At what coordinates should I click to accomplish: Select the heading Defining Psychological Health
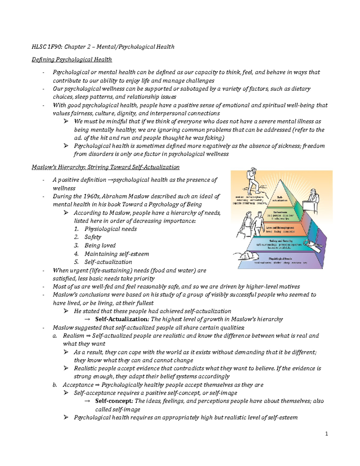(72, 59)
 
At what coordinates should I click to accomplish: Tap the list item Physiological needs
(110, 229)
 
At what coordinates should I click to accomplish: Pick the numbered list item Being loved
(100, 245)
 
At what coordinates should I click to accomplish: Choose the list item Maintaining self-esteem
(116, 254)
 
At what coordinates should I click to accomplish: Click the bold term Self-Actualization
(122, 319)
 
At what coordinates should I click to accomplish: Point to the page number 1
(327, 434)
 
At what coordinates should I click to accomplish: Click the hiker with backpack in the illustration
(251, 182)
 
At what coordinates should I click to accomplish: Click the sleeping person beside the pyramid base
(247, 256)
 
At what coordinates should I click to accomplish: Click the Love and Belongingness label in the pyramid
(280, 228)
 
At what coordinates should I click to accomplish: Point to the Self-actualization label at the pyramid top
(280, 198)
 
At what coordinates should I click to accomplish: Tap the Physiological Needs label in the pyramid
(280, 258)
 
